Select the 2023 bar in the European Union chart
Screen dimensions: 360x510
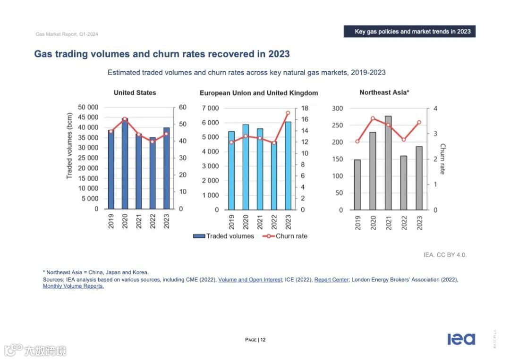(x=288, y=166)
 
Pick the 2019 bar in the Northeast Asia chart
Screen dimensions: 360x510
(x=357, y=184)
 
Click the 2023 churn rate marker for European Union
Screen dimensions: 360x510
(x=288, y=113)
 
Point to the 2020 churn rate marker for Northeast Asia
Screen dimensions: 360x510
(x=373, y=118)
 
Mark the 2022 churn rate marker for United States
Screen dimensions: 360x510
(x=152, y=141)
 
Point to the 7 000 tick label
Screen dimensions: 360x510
(x=210, y=108)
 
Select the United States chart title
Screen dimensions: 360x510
(x=135, y=92)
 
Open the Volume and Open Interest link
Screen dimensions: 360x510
(x=250, y=280)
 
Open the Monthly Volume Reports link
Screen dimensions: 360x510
(x=73, y=286)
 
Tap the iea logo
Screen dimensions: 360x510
(x=461, y=339)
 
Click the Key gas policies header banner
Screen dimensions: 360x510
(x=409, y=32)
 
